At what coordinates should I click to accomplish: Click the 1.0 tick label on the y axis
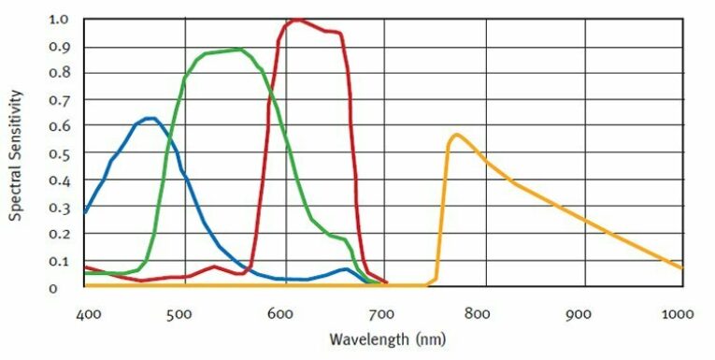click(59, 19)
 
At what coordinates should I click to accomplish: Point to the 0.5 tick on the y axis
click(59, 153)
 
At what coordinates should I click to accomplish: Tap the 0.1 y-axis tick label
click(59, 261)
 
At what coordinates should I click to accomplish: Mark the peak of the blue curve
click(150, 118)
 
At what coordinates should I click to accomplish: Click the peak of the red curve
click(296, 19)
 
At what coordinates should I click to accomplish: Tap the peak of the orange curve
click(455, 135)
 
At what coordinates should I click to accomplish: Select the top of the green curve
click(239, 49)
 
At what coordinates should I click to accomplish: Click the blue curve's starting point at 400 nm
click(85, 212)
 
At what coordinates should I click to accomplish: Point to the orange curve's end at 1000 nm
click(682, 268)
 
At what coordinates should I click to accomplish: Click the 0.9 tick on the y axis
click(59, 47)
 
